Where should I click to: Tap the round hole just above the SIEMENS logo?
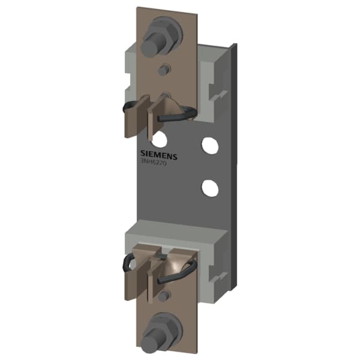pyautogui.click(x=160, y=139)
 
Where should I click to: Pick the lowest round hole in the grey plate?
pyautogui.click(x=209, y=188)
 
